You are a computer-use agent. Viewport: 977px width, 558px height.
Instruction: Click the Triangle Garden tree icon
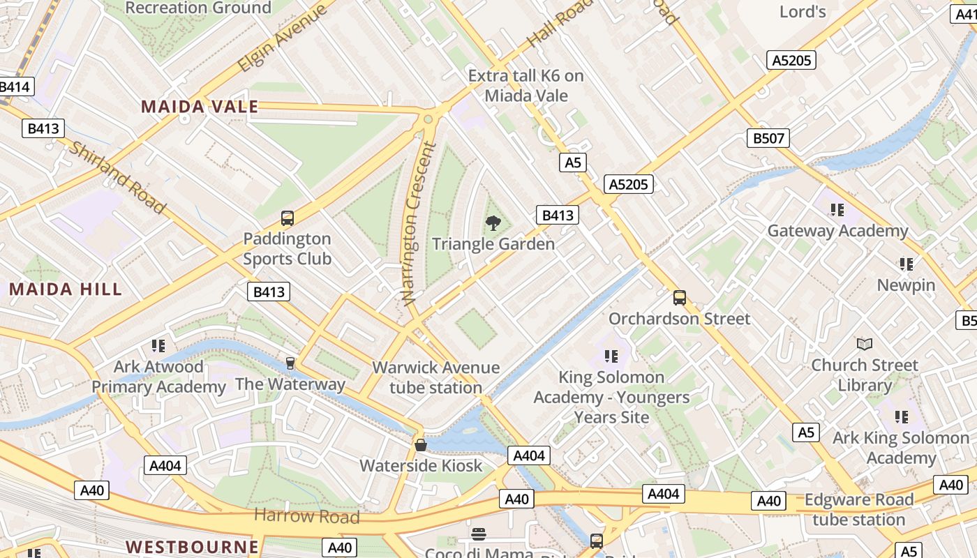493,223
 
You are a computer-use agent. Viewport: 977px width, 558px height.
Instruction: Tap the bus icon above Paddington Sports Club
288,218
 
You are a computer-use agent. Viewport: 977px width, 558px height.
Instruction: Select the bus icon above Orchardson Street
680,298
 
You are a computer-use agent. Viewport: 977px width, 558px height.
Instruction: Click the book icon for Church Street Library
865,344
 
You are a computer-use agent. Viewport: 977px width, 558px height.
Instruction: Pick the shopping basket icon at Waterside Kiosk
421,445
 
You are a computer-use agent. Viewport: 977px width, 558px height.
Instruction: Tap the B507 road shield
768,138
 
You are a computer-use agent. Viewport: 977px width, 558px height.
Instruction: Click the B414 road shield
14,87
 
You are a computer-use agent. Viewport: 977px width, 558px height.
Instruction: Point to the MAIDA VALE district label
200,107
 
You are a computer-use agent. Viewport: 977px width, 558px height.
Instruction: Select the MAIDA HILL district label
66,289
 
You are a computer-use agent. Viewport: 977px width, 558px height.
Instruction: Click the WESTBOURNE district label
192,545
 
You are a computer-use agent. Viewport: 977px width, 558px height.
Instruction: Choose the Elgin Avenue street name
282,39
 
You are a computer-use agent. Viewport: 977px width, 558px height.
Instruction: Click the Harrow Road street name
306,516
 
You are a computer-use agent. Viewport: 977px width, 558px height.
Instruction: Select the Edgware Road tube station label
858,510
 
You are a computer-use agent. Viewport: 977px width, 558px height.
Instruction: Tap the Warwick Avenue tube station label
436,377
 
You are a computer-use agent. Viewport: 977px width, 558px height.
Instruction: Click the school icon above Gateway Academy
837,209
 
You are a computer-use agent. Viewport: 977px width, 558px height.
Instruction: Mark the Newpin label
906,285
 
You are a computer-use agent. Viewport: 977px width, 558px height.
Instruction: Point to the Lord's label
803,11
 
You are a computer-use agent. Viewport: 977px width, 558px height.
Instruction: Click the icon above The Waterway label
290,363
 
